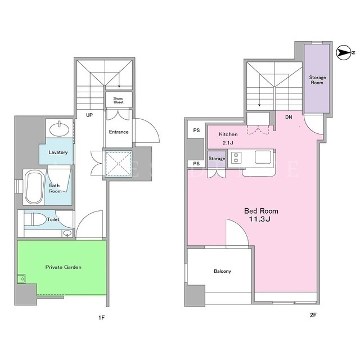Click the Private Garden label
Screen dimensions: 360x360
63,267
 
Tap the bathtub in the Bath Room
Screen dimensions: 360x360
34,187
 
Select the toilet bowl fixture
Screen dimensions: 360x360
35,219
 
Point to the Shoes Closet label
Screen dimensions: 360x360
119,100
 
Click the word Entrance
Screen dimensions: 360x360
119,132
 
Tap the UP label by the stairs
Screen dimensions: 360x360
89,115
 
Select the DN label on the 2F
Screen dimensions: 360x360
289,117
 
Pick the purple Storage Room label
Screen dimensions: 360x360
317,80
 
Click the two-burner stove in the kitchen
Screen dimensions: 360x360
236,157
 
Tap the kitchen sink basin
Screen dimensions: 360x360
263,157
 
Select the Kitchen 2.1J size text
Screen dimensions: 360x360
228,143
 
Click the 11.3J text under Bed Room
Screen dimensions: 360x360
260,219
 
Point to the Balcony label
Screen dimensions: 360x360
222,271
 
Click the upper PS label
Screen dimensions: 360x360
196,130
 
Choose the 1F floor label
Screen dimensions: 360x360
101,318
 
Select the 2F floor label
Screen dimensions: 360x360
313,315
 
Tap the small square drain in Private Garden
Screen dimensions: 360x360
21,279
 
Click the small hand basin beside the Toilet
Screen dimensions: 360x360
67,234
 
